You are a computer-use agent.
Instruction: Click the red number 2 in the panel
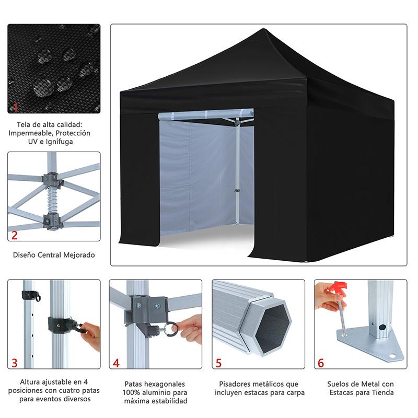tap(15, 235)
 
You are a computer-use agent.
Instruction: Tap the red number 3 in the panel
tap(15, 363)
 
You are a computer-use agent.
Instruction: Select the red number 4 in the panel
tap(116, 363)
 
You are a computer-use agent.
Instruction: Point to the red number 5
tap(218, 363)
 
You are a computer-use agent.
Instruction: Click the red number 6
tap(321, 363)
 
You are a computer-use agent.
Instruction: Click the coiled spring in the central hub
tap(53, 201)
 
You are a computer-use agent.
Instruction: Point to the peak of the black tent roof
tap(263, 29)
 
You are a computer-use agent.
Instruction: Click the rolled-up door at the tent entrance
tap(206, 114)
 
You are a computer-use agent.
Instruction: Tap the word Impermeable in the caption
tap(30, 133)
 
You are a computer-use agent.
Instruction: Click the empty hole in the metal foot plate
tap(392, 356)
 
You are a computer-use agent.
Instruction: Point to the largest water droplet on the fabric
tap(42, 87)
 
